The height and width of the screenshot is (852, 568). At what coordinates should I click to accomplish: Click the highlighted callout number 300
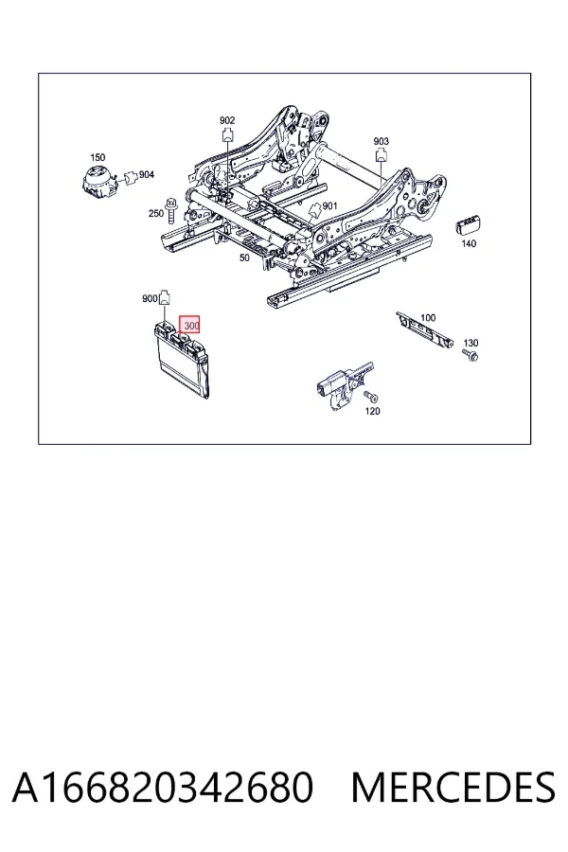tap(190, 326)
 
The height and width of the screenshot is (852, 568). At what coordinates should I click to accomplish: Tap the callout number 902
tap(227, 120)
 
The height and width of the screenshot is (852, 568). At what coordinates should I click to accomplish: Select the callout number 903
tap(381, 141)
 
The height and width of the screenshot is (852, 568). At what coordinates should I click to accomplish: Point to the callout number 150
tap(98, 157)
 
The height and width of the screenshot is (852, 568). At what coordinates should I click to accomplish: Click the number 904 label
tap(147, 174)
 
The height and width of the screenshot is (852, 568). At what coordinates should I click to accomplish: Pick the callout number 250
tap(156, 214)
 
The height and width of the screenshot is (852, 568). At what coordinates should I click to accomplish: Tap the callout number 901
tap(330, 206)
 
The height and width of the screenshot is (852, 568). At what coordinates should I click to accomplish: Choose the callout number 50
tap(244, 258)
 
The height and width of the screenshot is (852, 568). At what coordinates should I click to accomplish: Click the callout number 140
tap(469, 243)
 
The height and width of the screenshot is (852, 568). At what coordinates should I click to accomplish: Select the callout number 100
tap(428, 317)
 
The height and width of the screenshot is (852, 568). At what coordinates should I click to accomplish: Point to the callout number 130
tap(470, 343)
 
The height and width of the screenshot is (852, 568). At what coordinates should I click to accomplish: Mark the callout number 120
tap(372, 412)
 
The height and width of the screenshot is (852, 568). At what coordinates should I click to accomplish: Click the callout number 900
tap(150, 298)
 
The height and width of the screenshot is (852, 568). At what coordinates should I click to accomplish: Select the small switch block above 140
tap(469, 223)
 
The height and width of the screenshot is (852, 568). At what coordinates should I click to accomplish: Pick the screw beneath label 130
tap(471, 356)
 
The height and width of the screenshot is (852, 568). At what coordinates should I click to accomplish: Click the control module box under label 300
tap(181, 361)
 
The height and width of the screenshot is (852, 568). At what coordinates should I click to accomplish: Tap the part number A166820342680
tap(163, 788)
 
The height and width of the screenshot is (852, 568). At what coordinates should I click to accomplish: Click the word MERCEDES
tap(453, 788)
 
